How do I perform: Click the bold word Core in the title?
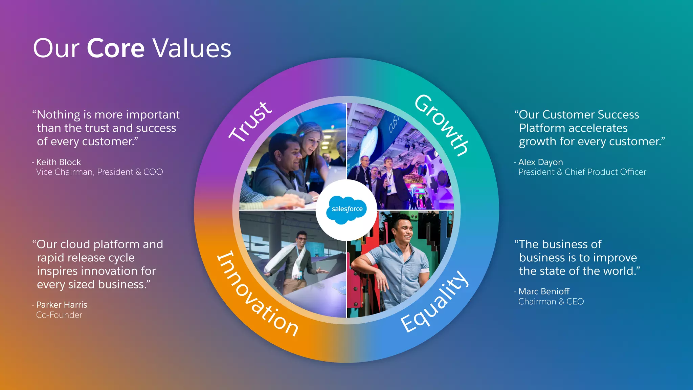116,48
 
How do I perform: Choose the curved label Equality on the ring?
435,301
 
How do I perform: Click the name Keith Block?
58,162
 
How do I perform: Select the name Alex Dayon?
540,162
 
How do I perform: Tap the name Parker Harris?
62,305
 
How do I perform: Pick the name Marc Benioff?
544,291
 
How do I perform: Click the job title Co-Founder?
59,315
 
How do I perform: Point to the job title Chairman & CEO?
551,301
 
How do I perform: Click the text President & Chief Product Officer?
582,172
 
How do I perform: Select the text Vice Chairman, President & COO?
99,172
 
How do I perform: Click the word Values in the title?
192,48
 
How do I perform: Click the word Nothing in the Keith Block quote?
58,115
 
